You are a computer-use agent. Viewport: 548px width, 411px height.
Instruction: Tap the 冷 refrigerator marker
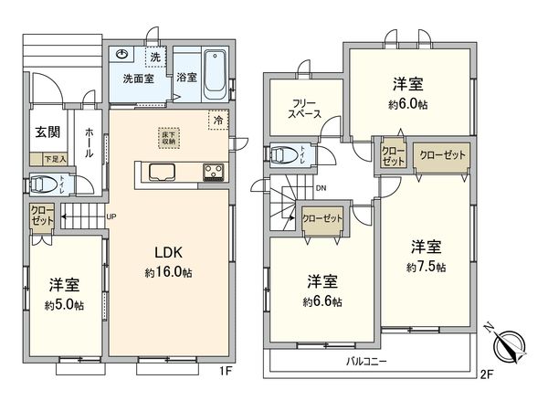coord(217,120)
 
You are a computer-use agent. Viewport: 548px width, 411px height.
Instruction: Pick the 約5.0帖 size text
coord(67,303)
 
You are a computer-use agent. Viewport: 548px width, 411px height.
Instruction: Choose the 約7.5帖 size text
coord(427,267)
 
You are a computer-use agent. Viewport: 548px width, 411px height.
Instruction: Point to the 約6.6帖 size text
coord(323,301)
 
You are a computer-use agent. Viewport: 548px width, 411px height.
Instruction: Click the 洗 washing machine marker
coord(154,58)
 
